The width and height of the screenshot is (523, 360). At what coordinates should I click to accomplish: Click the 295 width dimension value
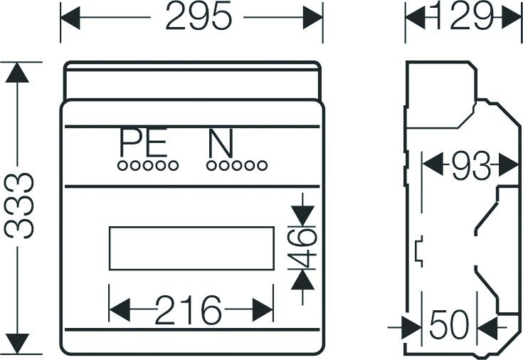199,16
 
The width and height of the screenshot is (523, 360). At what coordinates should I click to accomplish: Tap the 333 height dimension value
19,205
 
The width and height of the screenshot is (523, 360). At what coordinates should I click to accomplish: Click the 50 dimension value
449,324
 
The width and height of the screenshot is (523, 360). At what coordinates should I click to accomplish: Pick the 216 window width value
189,309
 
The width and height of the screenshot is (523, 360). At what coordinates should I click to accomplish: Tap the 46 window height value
302,248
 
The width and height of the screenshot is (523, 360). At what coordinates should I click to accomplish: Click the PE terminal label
144,142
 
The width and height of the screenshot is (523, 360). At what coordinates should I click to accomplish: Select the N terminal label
220,144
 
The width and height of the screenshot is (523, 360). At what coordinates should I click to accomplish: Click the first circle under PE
122,166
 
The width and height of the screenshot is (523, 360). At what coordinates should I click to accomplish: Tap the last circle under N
263,166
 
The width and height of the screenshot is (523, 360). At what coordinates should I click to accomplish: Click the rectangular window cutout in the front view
192,248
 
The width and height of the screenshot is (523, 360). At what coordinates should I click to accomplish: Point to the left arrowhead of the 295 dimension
70,18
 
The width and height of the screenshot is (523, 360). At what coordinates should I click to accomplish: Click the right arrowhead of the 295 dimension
313,17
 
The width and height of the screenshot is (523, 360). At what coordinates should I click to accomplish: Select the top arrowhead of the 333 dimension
17,73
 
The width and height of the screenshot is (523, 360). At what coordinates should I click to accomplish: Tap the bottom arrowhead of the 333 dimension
17,344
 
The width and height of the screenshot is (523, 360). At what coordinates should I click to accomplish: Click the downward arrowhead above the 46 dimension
302,216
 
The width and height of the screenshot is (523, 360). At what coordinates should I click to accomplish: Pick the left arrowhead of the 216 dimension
120,310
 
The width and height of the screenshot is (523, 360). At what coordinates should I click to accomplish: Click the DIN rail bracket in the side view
419,251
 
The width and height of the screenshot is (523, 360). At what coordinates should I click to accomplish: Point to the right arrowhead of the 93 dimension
509,165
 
